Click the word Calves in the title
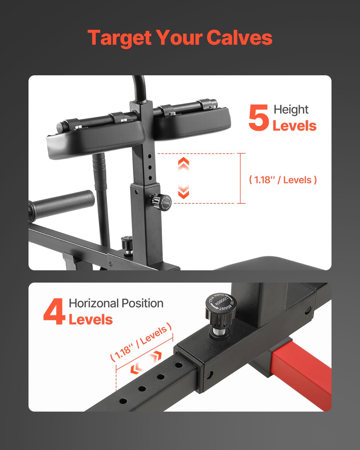[239, 38]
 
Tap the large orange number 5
[259, 118]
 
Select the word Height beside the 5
[291, 110]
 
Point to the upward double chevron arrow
[183, 164]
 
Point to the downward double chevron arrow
[183, 192]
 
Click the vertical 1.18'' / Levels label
[283, 180]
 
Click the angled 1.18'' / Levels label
[141, 342]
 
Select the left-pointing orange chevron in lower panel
[136, 368]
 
